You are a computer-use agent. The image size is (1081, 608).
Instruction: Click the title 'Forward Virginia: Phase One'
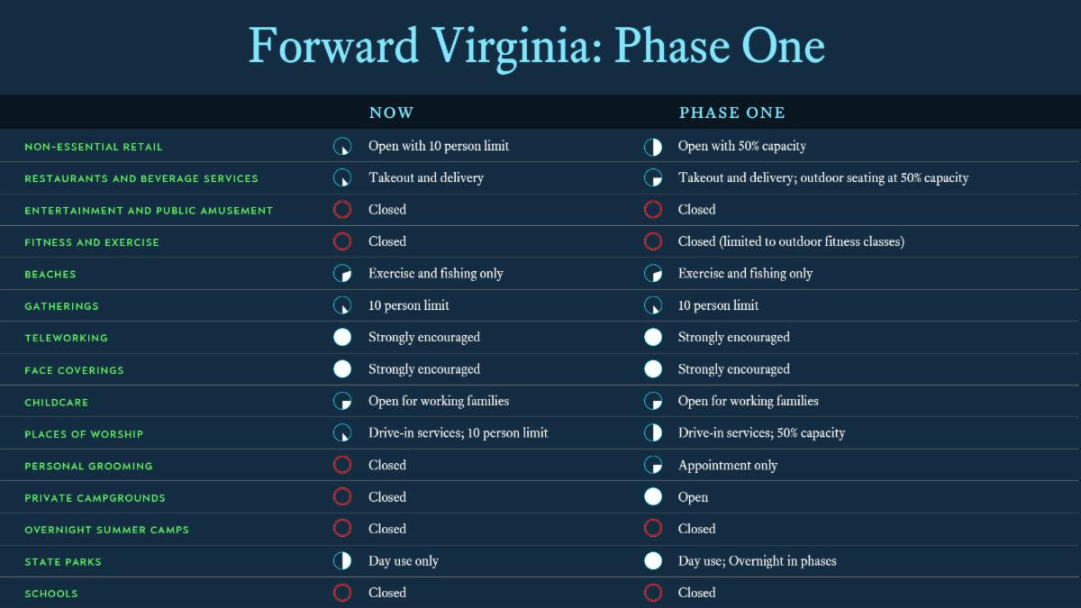pos(537,47)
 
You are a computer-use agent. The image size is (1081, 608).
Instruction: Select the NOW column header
pos(391,113)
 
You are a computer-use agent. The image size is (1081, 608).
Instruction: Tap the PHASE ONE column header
pos(732,113)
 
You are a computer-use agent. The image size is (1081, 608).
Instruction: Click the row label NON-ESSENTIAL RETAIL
pos(94,147)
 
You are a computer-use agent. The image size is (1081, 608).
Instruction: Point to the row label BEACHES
pos(50,274)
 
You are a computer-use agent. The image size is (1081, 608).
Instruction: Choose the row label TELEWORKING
pos(66,338)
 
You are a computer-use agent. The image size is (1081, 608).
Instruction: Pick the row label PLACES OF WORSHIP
pos(84,434)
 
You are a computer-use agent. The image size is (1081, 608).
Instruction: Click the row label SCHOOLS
pos(51,593)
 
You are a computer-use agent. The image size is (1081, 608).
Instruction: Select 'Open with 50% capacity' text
pos(741,146)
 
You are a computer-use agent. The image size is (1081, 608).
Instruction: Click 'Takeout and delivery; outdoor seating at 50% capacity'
pos(823,177)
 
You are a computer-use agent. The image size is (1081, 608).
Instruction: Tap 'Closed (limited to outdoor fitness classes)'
pos(791,241)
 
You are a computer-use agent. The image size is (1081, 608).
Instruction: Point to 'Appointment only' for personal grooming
pos(728,465)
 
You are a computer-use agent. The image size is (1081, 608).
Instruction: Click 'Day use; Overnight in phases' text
pos(758,560)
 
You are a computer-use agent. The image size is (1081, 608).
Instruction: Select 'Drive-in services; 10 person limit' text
pos(458,433)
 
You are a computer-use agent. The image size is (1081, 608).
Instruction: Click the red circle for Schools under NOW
pos(342,593)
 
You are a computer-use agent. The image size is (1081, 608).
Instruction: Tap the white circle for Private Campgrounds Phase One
pos(653,496)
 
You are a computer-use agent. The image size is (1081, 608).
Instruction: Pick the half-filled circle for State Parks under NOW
pos(342,560)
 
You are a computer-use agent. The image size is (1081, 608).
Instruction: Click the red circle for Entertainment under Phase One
pos(653,209)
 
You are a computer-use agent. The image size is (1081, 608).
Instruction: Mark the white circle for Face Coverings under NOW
pos(342,369)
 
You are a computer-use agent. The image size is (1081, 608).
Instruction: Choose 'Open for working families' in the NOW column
pos(439,401)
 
